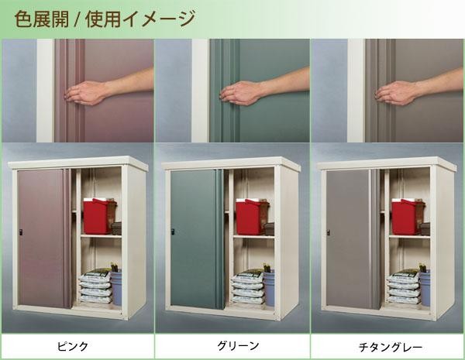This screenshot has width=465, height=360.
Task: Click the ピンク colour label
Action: [x=73, y=346]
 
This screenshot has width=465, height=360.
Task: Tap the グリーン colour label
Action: [x=239, y=346]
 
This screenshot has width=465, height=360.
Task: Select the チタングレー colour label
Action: [x=391, y=347]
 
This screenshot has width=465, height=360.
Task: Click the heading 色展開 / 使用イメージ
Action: [x=105, y=19]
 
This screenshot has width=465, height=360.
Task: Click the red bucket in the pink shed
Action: [x=98, y=216]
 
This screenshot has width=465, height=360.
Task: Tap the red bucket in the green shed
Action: [x=251, y=217]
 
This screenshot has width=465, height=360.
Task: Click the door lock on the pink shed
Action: [x=21, y=232]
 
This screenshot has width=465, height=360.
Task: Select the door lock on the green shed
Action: [x=173, y=232]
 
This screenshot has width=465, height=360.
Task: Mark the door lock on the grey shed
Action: [x=329, y=232]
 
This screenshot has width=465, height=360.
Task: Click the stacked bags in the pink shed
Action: [x=95, y=286]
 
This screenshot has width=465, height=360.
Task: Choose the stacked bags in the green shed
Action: [x=248, y=286]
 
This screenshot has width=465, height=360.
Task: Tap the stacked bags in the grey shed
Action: [x=404, y=286]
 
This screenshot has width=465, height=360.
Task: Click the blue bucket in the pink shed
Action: [x=116, y=286]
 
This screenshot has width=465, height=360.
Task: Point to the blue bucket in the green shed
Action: [x=269, y=287]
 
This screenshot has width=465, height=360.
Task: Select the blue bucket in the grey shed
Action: [x=425, y=287]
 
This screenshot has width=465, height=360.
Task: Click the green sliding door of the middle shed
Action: [x=197, y=239]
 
